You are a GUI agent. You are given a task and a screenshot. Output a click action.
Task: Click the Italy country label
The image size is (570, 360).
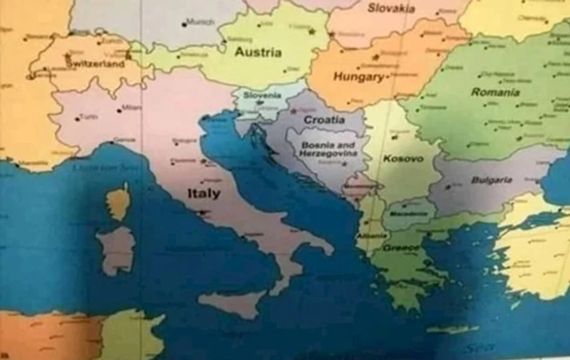(x=203, y=194)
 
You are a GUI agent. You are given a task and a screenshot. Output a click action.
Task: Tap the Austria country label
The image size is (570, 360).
(x=258, y=52)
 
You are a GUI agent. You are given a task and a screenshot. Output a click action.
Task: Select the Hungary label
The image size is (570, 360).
(x=358, y=77)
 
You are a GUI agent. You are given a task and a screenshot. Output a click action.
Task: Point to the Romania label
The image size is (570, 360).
(x=495, y=92)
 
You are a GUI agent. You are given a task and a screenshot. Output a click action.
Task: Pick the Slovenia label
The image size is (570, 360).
(x=262, y=96)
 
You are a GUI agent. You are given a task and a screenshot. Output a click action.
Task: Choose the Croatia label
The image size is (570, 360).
(x=324, y=120)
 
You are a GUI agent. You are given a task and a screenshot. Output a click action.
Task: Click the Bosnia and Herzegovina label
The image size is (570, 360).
(x=328, y=149)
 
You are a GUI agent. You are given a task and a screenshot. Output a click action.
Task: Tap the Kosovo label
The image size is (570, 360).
(x=403, y=159)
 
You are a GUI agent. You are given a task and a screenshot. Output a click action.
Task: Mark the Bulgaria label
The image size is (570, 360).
(x=492, y=180)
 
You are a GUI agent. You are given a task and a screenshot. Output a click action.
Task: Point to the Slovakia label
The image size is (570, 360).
(x=391, y=9)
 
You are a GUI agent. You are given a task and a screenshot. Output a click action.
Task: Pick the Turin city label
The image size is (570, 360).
(x=89, y=117)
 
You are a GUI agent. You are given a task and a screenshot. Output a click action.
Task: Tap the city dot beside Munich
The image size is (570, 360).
(x=184, y=24)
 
